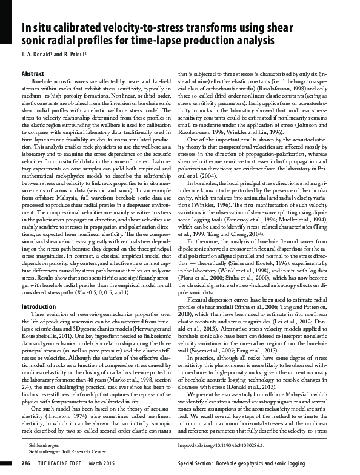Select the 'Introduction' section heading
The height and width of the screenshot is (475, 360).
click(x=38, y=306)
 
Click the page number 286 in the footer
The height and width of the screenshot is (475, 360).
click(x=26, y=463)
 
